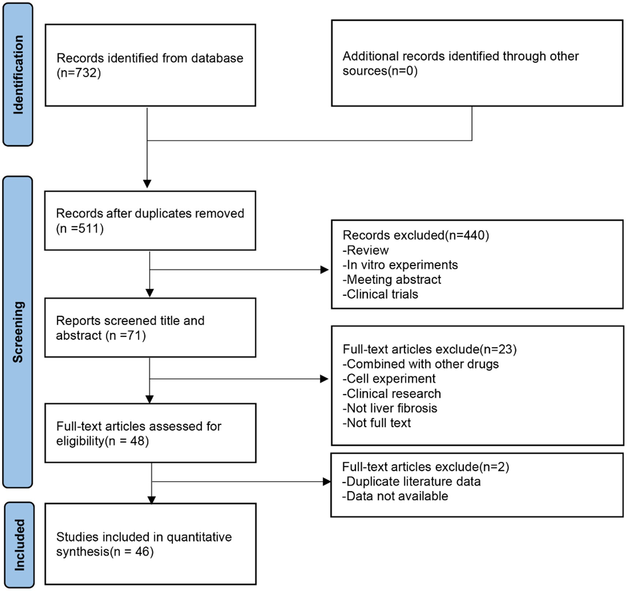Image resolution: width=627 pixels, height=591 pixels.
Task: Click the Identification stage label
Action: click(18, 75)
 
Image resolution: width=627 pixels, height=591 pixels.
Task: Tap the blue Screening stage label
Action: click(18, 332)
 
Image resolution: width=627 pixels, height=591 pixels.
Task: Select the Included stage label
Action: click(19, 545)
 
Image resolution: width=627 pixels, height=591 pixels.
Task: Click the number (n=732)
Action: click(79, 73)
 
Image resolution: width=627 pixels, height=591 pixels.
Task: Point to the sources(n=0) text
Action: click(380, 71)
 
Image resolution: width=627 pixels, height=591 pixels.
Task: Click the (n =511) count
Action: click(80, 229)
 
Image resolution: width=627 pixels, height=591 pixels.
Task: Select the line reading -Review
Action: click(365, 250)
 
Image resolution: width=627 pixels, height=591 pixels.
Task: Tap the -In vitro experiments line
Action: click(400, 265)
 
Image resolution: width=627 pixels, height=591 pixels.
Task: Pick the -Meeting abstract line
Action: click(392, 280)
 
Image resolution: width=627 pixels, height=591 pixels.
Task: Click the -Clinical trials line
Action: click(380, 294)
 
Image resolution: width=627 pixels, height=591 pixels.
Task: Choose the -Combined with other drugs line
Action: click(421, 364)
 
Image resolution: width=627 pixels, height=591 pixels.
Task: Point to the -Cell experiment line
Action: click(389, 378)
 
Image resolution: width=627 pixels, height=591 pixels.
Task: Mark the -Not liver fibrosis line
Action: click(390, 408)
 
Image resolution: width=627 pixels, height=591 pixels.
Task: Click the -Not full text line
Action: click(377, 423)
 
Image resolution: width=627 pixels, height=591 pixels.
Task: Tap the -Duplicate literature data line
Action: click(411, 481)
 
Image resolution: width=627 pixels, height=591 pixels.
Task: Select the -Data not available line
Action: click(395, 496)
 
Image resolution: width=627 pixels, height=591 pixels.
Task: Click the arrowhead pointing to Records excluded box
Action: click(324, 270)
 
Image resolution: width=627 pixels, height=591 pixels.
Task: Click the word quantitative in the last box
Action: click(199, 537)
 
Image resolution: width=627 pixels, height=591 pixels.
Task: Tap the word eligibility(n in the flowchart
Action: click(86, 441)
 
